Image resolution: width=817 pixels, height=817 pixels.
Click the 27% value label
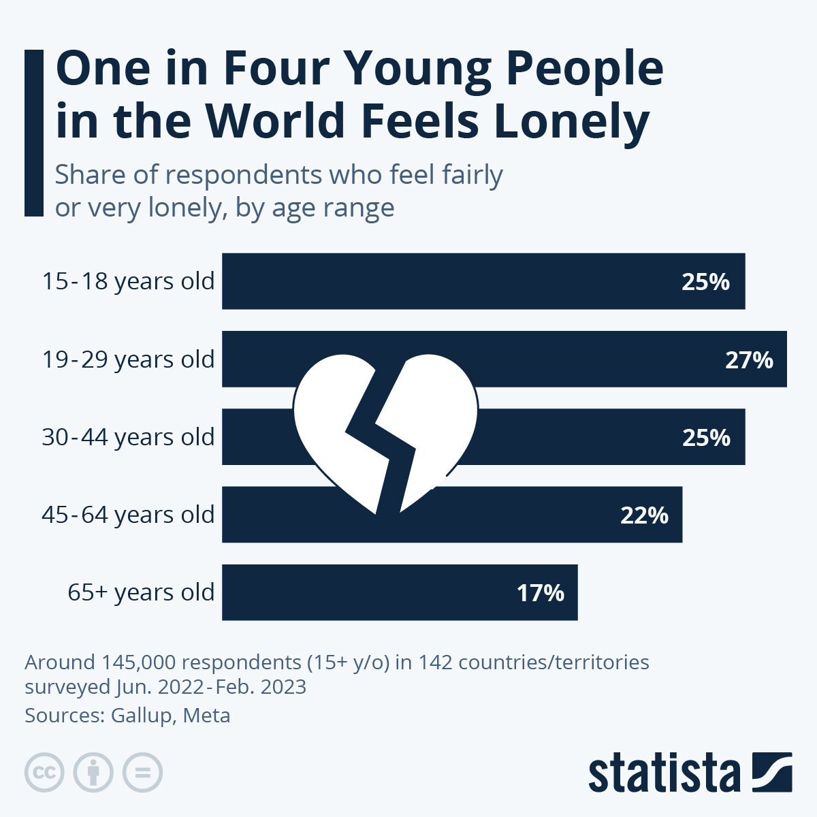[x=749, y=359]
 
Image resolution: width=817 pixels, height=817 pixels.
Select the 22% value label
[x=644, y=515]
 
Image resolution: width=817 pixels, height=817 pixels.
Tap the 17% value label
[x=540, y=593]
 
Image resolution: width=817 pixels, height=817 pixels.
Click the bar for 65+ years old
[x=381, y=592]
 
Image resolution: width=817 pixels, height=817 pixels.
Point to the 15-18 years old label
[x=128, y=281]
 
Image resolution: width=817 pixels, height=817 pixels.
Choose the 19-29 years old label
[x=128, y=359]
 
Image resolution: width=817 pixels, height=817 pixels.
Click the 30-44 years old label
[x=128, y=437]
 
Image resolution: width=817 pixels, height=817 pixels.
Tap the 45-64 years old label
[x=128, y=515]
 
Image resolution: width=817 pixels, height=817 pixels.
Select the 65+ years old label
[x=141, y=592]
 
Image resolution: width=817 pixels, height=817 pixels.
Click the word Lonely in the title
[x=571, y=121]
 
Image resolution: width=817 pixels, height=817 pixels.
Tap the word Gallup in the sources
[x=142, y=716]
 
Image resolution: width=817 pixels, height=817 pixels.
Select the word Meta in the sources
[x=207, y=716]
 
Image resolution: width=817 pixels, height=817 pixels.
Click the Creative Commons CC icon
[x=44, y=773]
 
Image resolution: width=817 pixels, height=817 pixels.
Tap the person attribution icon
[x=93, y=773]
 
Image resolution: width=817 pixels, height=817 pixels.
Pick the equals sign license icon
[x=142, y=773]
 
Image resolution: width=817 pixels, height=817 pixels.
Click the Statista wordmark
[x=664, y=773]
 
